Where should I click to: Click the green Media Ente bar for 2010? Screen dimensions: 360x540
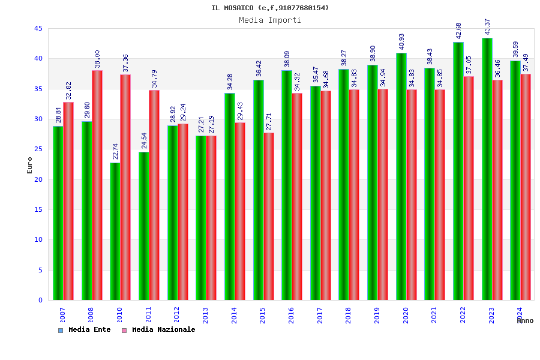pyautogui.click(x=115, y=231)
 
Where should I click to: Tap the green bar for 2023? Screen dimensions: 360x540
pyautogui.click(x=487, y=169)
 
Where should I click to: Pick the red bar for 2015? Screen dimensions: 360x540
pyautogui.click(x=269, y=216)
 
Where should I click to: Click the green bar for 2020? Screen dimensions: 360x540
pyautogui.click(x=401, y=176)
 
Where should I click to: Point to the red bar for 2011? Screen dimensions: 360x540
pyautogui.click(x=154, y=195)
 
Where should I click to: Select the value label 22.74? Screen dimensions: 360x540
pyautogui.click(x=115, y=151)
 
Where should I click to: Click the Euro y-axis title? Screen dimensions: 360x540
pyautogui.click(x=30, y=165)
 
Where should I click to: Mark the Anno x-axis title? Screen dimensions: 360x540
pyautogui.click(x=525, y=321)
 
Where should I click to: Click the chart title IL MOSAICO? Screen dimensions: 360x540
pyautogui.click(x=270, y=8)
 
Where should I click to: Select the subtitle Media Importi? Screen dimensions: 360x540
pyautogui.click(x=270, y=20)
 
